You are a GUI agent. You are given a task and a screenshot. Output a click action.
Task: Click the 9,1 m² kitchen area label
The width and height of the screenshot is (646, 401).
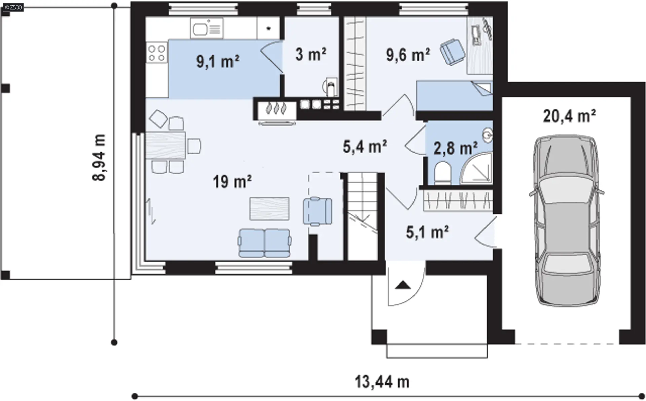point(218,62)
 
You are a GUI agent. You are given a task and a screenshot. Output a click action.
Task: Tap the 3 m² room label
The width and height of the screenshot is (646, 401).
point(311,54)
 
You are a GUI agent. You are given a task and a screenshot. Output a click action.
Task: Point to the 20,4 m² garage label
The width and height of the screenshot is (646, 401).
point(569,116)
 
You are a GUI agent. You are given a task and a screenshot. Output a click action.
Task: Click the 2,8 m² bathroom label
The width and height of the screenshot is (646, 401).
point(456,148)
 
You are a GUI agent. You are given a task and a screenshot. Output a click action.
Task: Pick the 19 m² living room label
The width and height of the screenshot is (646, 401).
point(232,182)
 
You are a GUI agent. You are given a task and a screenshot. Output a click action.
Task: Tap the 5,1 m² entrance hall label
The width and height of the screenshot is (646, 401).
point(427,232)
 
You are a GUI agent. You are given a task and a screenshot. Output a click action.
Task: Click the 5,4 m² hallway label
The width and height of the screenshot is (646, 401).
point(365,146)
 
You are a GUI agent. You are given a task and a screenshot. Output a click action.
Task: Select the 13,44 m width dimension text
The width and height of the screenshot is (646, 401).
point(382,382)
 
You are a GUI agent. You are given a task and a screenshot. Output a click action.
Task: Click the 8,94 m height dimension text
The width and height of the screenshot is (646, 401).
point(99,158)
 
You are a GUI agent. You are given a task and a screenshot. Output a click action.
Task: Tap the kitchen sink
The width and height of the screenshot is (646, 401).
point(207,28)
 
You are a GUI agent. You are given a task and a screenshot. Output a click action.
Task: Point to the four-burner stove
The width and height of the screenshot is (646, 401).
point(157,53)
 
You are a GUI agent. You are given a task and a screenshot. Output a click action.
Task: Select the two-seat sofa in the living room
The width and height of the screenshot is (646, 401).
point(264,243)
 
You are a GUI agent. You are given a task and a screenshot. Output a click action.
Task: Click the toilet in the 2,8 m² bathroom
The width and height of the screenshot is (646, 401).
point(442,173)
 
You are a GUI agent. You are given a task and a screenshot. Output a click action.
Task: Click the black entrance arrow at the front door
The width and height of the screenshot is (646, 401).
point(403,285)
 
